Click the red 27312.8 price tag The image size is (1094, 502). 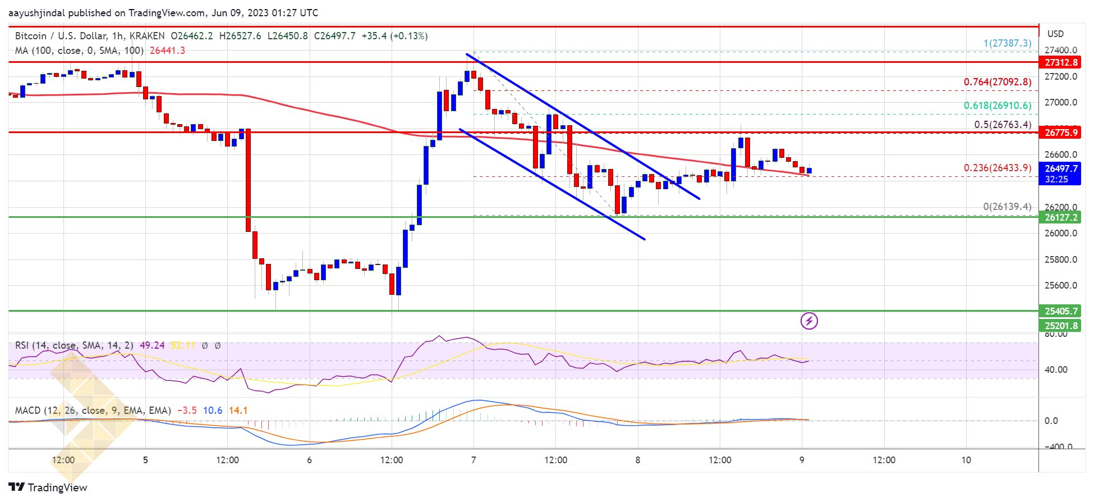tap(1061, 62)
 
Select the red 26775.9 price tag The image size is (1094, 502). tap(1061, 133)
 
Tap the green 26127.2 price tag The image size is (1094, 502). tap(1061, 217)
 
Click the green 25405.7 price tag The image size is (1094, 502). tap(1061, 311)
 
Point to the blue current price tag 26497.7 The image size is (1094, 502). tap(1061, 168)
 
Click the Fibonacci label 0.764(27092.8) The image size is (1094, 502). tap(997, 82)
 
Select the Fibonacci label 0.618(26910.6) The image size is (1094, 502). tap(997, 106)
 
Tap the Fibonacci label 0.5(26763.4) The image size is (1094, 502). tap(1002, 125)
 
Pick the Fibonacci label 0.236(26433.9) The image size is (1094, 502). tap(997, 168)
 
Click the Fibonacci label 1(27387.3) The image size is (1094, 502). tap(1007, 43)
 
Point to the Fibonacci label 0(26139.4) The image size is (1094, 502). tap(1006, 207)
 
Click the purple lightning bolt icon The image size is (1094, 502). tap(809, 321)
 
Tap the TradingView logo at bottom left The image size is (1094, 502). tap(48, 487)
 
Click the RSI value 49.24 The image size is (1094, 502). tap(152, 345)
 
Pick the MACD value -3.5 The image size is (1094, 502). tap(187, 410)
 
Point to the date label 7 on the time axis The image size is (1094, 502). tap(474, 460)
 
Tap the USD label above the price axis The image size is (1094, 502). tap(1055, 34)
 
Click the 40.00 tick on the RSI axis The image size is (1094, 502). tap(1055, 369)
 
